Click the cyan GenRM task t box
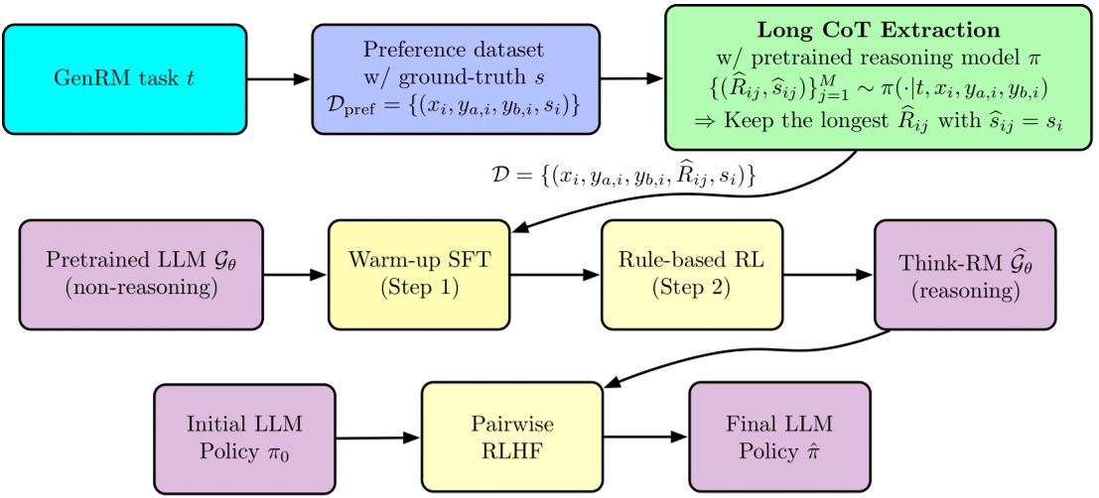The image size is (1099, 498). point(125,77)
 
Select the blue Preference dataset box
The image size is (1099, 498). point(456,77)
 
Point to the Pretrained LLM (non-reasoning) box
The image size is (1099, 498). point(140,275)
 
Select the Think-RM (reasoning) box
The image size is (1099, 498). point(964,275)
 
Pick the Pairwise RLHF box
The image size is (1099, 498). point(512,436)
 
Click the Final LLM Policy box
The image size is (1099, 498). point(778,436)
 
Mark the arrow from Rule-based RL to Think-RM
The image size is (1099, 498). point(836,276)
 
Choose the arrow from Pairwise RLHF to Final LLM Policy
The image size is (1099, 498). point(645,437)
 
